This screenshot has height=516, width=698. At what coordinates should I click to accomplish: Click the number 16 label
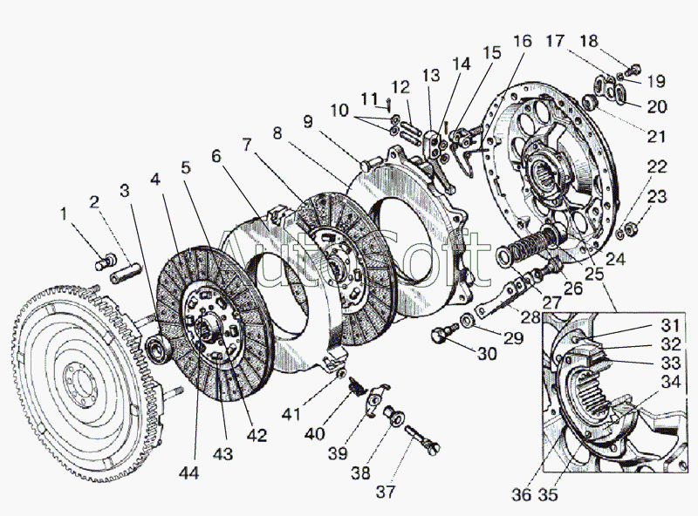pos(521,42)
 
